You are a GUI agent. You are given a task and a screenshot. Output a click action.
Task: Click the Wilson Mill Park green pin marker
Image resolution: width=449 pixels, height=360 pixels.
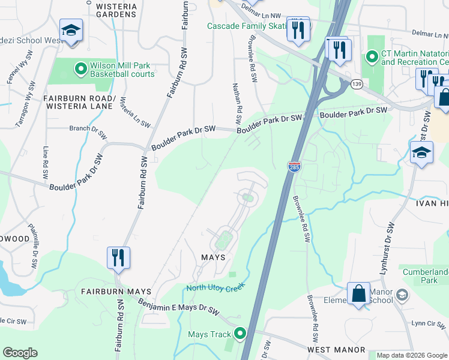80,69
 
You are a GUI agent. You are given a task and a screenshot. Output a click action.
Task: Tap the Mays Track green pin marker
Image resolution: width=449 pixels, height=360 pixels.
240,334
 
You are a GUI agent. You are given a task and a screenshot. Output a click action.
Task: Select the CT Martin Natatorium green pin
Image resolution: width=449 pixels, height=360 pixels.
372,57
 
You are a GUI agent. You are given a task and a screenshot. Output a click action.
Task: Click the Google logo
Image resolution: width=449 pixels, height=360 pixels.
20,353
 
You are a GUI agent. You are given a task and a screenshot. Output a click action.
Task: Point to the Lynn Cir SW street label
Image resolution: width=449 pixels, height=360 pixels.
427,323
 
